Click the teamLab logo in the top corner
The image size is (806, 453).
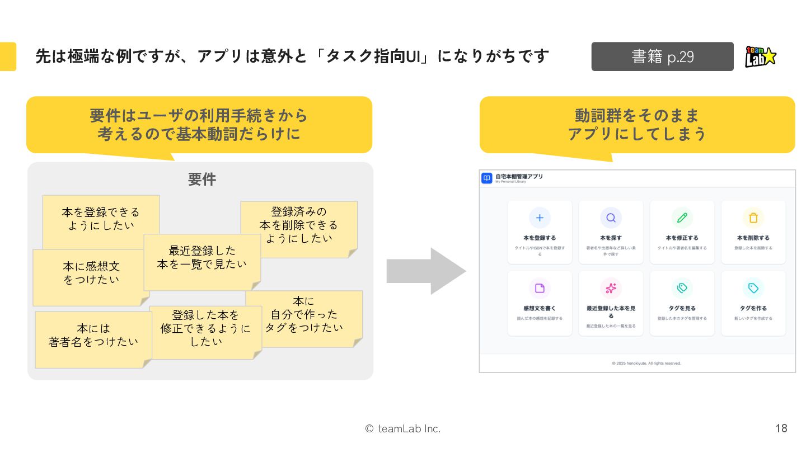[761, 56]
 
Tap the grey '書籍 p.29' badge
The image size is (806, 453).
[662, 56]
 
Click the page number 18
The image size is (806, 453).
[781, 428]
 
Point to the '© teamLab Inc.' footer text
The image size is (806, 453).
[402, 428]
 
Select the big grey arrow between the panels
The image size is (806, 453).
[425, 271]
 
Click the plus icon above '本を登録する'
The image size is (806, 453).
[540, 218]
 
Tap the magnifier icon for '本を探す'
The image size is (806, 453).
[611, 218]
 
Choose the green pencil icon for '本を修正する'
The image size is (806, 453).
[682, 218]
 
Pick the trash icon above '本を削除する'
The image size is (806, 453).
[753, 218]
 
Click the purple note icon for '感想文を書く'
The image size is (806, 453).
[540, 288]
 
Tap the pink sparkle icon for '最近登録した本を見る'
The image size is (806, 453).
[611, 288]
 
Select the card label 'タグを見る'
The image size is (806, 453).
[682, 308]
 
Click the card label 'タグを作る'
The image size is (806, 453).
[753, 308]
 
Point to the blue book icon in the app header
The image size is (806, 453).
[487, 178]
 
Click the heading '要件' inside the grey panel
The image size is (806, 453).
[201, 180]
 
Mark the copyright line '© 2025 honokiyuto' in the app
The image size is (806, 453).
[646, 363]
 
